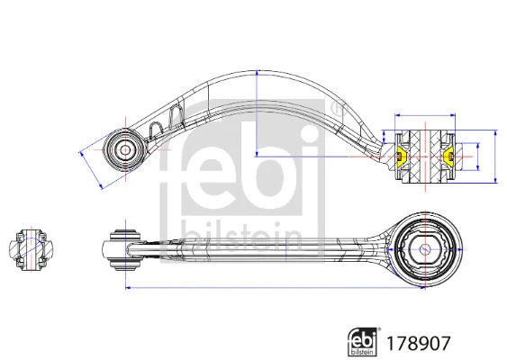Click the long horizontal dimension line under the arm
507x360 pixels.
point(270,288)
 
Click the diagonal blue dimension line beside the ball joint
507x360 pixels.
point(90,167)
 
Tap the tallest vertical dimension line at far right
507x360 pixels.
point(496,157)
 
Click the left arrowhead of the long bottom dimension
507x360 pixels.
point(127,288)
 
